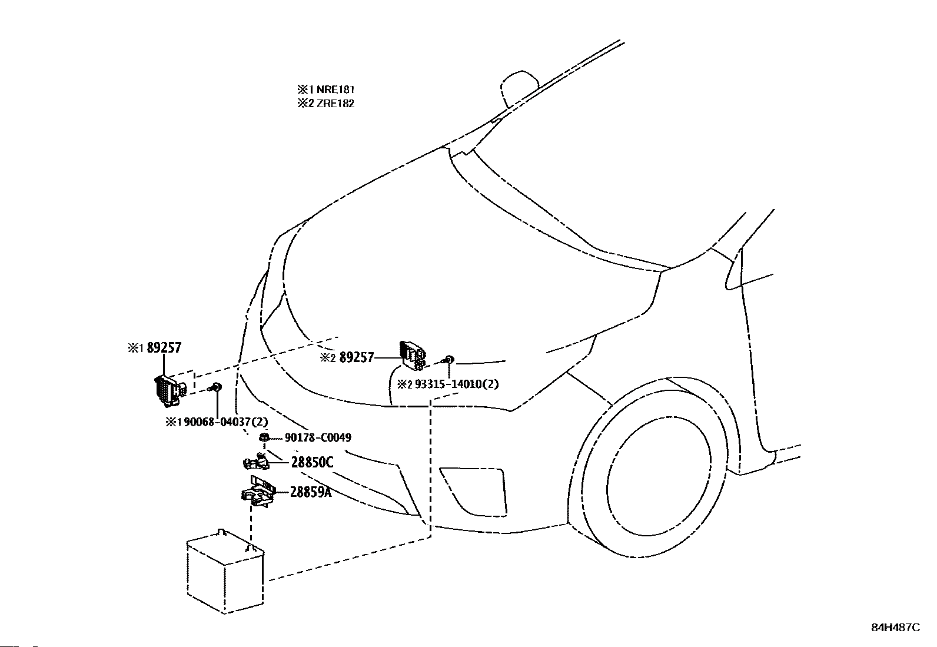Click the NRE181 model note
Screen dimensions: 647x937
(326, 89)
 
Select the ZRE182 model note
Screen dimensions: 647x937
(326, 103)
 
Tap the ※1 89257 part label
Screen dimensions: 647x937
(155, 348)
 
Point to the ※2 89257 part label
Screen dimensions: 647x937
(347, 357)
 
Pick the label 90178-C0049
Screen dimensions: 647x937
(317, 437)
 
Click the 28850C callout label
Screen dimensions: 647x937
(311, 463)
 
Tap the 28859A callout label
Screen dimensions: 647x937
(310, 492)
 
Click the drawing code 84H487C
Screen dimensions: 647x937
(895, 628)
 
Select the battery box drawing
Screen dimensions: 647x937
(225, 571)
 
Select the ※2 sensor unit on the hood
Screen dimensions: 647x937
(413, 355)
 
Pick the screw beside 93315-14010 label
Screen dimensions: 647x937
(448, 359)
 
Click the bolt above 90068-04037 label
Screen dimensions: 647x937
(217, 386)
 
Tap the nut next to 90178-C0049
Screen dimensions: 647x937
(265, 437)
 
